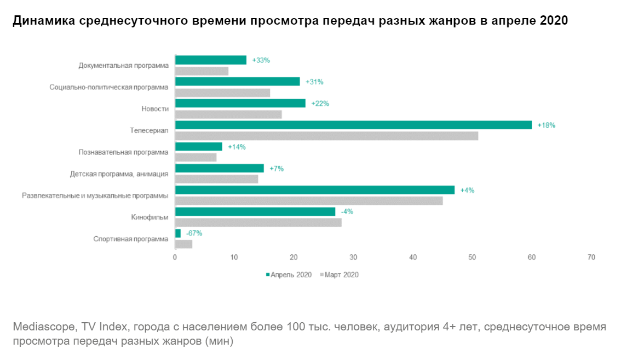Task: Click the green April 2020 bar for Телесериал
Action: pos(353,125)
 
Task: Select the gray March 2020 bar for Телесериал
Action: pos(326,136)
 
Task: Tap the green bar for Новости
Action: pos(240,103)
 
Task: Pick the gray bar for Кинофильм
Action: pos(258,222)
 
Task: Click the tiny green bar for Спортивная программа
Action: pos(177,233)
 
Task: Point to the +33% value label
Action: pos(261,60)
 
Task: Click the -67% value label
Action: pos(194,233)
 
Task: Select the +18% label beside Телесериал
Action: pos(546,125)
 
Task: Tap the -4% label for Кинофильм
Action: pos(347,212)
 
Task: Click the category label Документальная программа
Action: pos(124,66)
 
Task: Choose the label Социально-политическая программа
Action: pos(109,87)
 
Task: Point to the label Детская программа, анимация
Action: pos(119,174)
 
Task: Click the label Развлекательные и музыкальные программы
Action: pos(95,196)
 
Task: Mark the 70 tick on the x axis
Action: pos(591,258)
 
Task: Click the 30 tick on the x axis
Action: pos(353,258)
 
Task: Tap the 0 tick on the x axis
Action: pos(175,258)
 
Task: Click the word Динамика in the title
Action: pos(43,21)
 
